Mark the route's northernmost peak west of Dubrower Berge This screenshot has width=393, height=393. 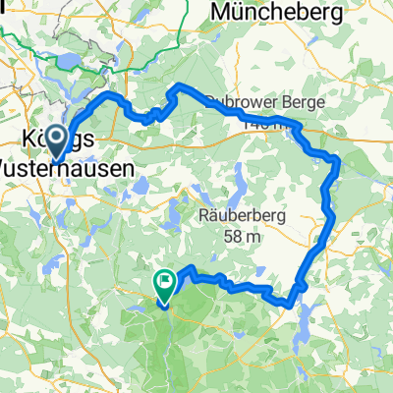[x=178, y=88]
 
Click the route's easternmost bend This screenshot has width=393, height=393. [x=338, y=162]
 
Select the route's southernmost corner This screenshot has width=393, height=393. [x=292, y=305]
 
